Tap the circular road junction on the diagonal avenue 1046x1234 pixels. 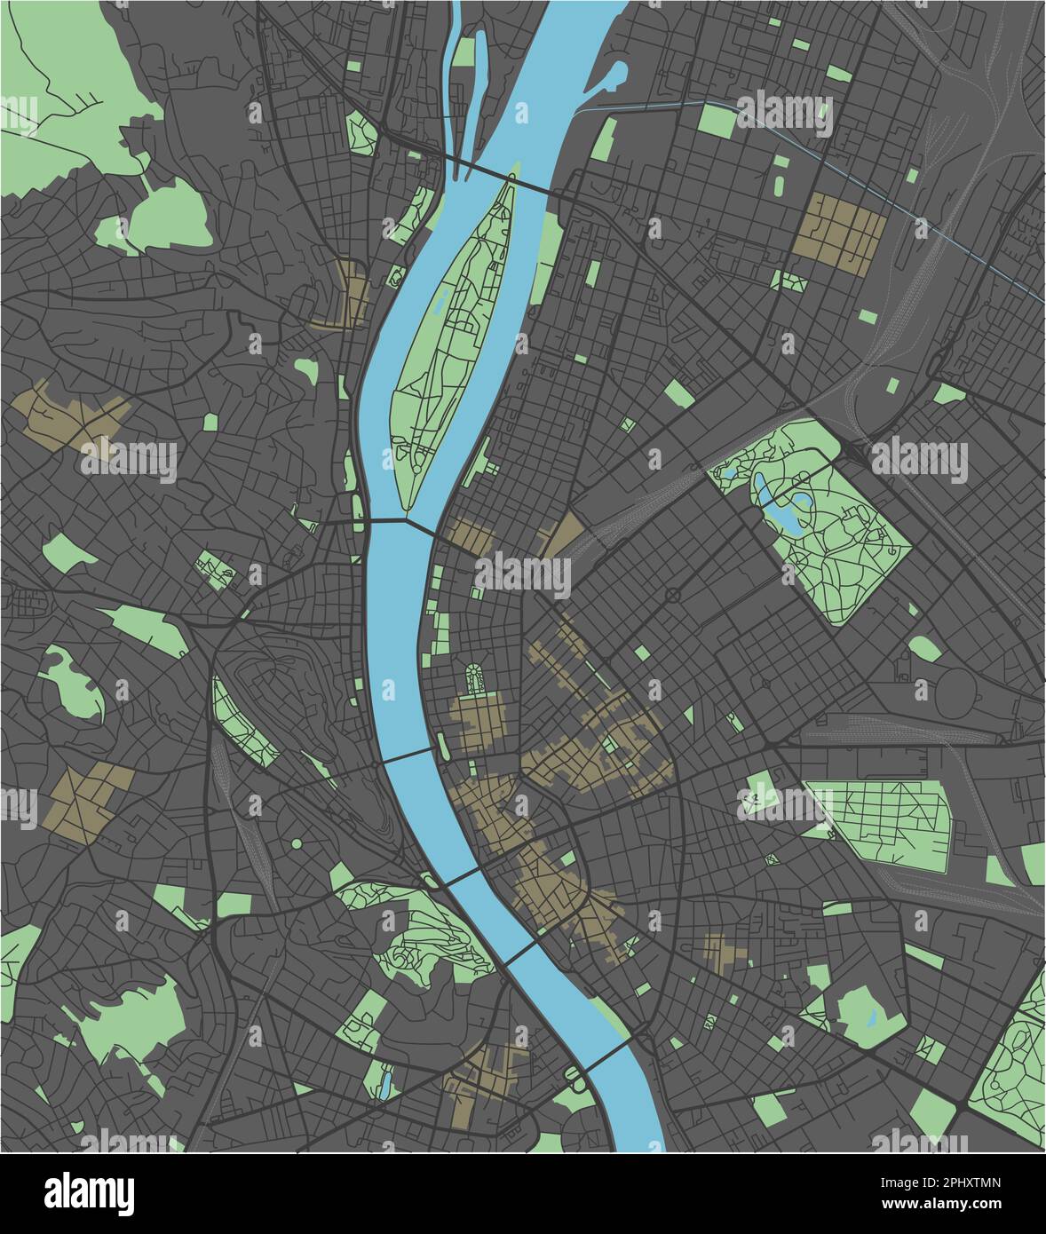(672, 594)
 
